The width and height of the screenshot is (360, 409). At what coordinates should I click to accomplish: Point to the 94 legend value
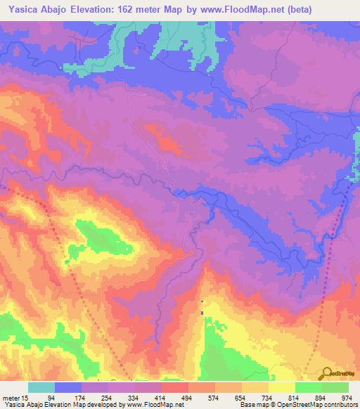pyautogui.click(x=68, y=398)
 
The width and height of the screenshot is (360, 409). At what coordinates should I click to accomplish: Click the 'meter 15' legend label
pyautogui.click(x=15, y=398)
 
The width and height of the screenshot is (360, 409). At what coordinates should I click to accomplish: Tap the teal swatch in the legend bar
pyautogui.click(x=41, y=387)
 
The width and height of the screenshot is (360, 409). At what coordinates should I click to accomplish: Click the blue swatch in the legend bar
pyautogui.click(x=68, y=387)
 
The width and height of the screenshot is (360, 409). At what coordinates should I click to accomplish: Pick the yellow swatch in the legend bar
pyautogui.click(x=282, y=387)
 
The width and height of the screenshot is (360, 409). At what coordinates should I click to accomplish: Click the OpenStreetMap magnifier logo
pyautogui.click(x=326, y=373)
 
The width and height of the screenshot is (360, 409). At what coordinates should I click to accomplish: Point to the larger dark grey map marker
pyautogui.click(x=202, y=313)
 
